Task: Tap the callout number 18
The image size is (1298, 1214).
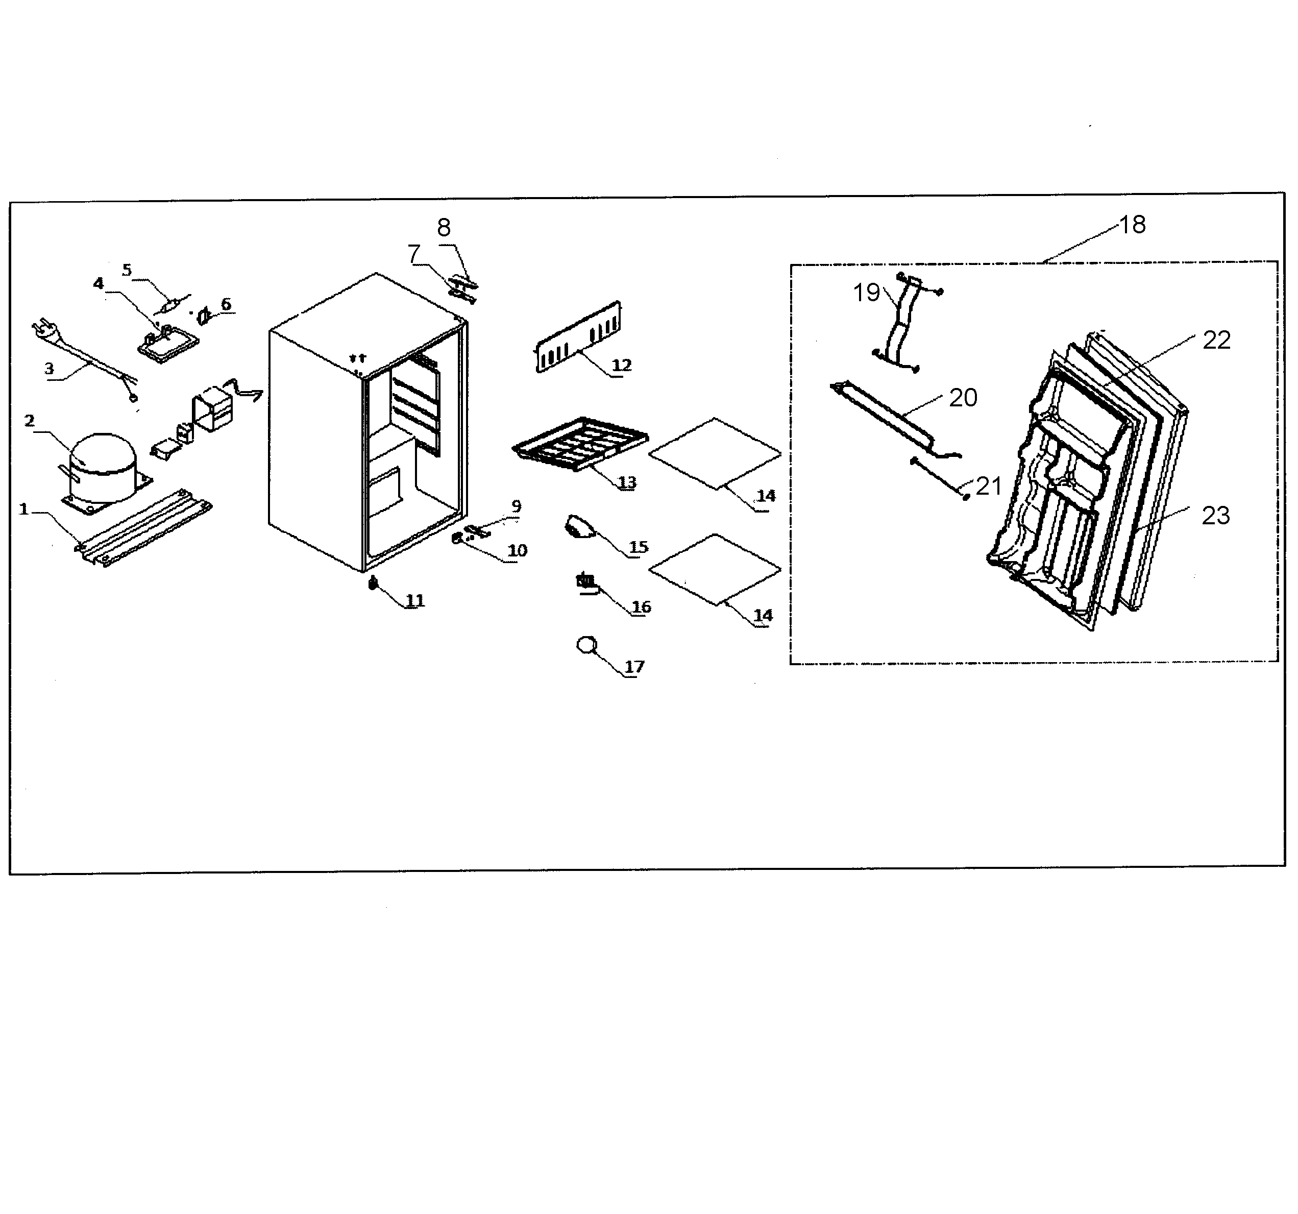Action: point(1133,225)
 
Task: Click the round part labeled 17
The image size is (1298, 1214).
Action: point(586,645)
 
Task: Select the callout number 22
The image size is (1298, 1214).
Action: point(1216,340)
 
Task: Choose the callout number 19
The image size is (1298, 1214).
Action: point(866,293)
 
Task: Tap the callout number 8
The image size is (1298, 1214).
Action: point(444,227)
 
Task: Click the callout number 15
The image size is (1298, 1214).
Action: point(638,547)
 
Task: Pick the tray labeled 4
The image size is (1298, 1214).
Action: point(168,342)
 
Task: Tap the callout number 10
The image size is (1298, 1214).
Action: point(517,550)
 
